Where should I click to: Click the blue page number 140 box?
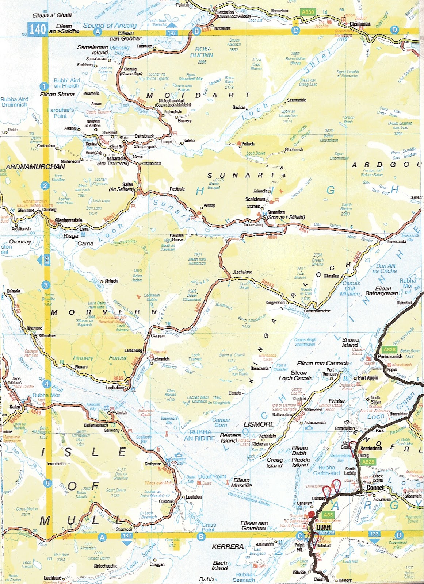[38, 29]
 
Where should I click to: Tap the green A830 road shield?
[308, 12]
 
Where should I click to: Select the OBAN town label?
[324, 527]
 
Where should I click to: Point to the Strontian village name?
[276, 212]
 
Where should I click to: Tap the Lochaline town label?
[115, 388]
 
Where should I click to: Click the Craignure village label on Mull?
[153, 464]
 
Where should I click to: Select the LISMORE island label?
[259, 424]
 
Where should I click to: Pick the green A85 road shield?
[328, 515]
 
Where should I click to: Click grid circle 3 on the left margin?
[45, 285]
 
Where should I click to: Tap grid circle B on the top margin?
[196, 31]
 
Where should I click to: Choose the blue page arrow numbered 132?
[127, 536]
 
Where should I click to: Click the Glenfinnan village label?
[360, 24]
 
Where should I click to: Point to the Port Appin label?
[368, 378]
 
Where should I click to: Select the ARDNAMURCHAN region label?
[35, 166]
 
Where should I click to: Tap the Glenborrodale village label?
[68, 220]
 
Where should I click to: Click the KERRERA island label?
[228, 546]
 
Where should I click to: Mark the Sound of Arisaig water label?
[110, 25]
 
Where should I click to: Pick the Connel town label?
[375, 488]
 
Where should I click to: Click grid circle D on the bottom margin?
[399, 535]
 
